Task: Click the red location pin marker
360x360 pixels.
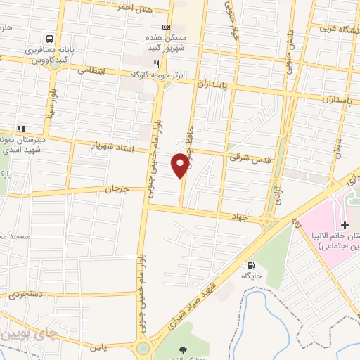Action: tap(180, 165)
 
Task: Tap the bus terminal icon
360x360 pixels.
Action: tap(50, 39)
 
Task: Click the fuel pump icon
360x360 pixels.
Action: tap(251, 265)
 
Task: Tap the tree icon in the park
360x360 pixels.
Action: tap(184, 349)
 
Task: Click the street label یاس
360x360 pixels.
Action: tap(96, 348)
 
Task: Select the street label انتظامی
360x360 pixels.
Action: tap(90, 70)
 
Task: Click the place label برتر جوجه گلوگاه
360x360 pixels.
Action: tap(160, 75)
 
